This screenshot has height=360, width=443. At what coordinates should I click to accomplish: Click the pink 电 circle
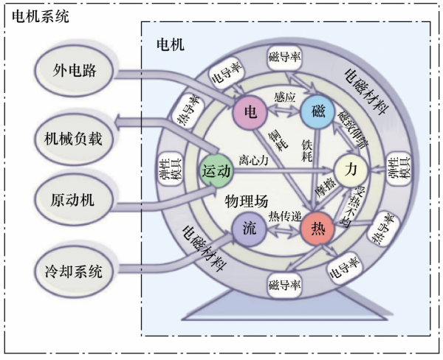point(250,112)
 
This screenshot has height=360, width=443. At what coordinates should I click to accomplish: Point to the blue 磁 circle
point(318,112)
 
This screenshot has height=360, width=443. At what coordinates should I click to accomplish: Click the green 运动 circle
point(216,170)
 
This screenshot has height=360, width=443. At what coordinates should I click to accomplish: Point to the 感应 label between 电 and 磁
point(284,97)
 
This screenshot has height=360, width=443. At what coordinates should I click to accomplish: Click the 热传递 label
point(284,216)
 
